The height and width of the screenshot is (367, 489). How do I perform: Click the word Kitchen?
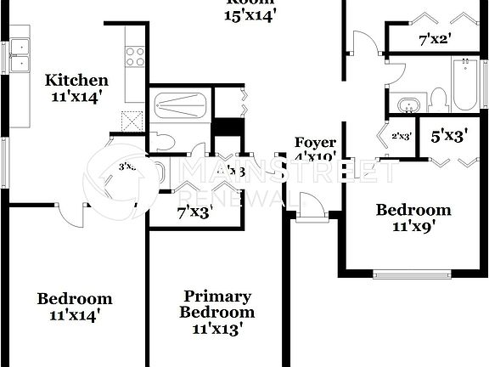(76, 81)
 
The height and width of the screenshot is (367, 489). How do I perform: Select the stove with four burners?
(135, 57)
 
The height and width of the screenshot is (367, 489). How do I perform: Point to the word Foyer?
(315, 142)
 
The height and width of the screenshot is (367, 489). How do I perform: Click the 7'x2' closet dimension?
(435, 39)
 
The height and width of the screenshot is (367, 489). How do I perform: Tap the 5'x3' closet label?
(449, 136)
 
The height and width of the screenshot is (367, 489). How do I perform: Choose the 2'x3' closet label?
(401, 135)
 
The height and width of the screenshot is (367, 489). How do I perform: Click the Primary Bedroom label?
(218, 303)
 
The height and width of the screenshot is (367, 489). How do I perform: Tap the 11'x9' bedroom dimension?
(413, 227)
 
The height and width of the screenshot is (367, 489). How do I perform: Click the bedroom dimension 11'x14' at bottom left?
(75, 315)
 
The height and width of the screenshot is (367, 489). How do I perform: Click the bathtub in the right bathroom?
(464, 83)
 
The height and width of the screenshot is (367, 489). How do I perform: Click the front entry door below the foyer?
(312, 209)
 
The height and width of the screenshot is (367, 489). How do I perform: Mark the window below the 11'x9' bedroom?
(413, 274)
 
